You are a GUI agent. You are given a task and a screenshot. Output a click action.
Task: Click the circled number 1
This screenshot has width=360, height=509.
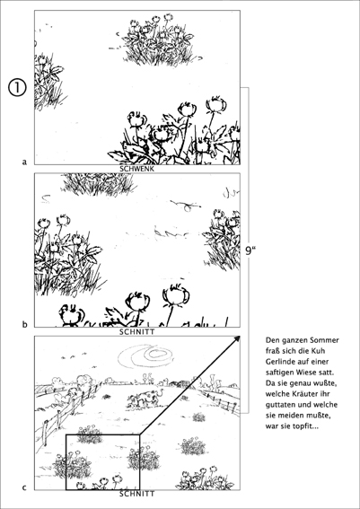coord(16,88)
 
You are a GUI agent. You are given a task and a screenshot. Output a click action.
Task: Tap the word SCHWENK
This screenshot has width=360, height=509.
coord(137,169)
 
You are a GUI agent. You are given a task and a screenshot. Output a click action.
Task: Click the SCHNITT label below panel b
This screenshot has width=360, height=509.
coord(137,332)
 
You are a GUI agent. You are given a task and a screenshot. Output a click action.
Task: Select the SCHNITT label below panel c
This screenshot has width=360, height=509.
coord(137,494)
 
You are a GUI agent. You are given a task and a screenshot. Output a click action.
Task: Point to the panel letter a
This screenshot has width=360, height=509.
coord(24,162)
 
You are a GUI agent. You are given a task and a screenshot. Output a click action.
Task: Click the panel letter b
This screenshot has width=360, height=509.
coord(24,324)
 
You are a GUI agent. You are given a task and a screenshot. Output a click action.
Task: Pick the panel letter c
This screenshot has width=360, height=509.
coord(24,487)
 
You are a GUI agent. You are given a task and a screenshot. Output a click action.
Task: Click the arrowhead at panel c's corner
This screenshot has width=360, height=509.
coord(237,339)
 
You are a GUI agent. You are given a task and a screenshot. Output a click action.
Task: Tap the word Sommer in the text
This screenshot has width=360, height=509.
coord(326,340)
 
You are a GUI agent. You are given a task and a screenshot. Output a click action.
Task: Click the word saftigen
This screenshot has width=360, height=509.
coord(278,373)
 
